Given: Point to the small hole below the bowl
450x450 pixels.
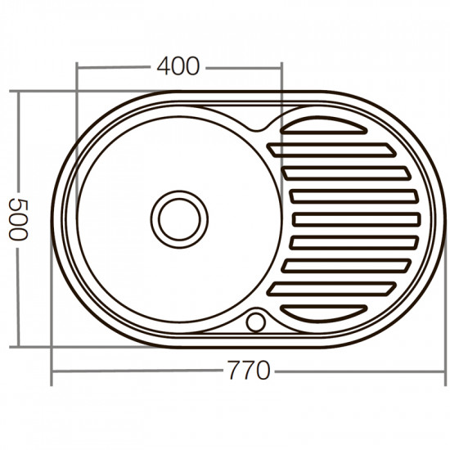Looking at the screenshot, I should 257,321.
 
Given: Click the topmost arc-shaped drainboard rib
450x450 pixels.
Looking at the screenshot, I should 324,126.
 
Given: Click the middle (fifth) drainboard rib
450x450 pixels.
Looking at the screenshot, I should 357,219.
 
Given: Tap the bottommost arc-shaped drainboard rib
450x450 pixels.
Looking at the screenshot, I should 324,311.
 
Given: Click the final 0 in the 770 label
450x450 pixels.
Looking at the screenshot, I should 262,371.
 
